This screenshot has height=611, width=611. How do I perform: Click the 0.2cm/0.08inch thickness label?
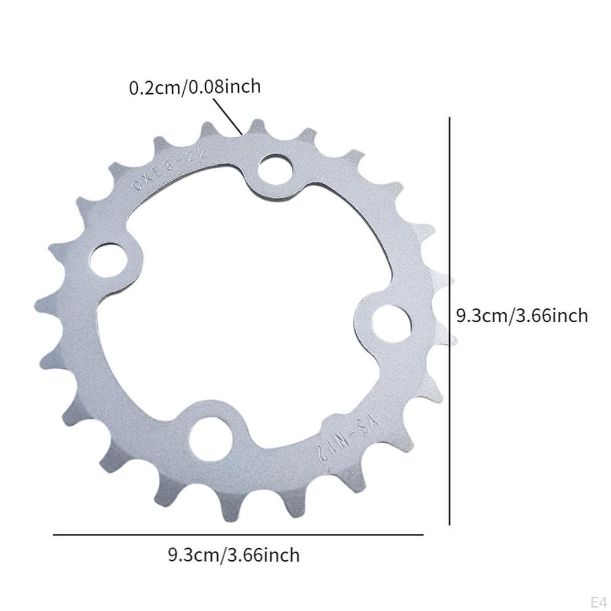coord(195,87)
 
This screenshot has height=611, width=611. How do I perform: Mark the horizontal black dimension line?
coord(239,535)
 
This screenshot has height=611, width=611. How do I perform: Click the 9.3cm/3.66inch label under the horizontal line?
coord(233,556)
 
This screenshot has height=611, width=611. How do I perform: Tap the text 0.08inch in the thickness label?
coord(225,87)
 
